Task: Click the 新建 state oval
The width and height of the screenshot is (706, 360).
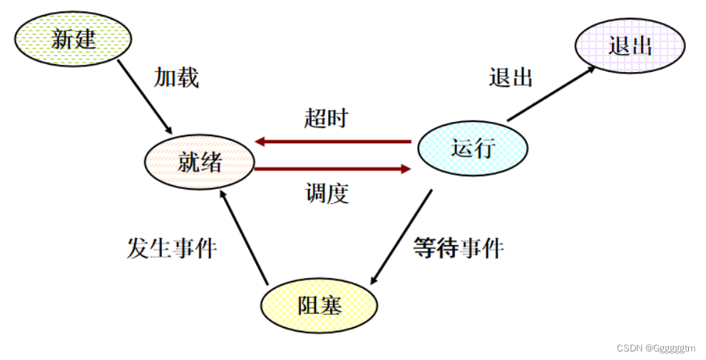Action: [x=73, y=38]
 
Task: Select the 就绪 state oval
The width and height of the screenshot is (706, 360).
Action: [x=200, y=163]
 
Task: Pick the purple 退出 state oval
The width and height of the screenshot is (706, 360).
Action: [x=630, y=46]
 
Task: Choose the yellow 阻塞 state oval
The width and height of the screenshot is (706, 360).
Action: [x=319, y=306]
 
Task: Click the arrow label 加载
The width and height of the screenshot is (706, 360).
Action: [x=176, y=78]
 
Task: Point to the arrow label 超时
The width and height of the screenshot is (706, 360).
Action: [x=326, y=118]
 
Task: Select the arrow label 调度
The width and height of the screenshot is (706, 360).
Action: [x=327, y=192]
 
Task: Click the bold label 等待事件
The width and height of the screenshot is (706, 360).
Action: [x=459, y=248]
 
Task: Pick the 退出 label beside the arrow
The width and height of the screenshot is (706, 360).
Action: [x=511, y=77]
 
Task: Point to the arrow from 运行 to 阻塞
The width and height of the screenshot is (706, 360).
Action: [x=402, y=236]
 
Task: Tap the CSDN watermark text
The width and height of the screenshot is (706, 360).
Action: [x=655, y=349]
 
